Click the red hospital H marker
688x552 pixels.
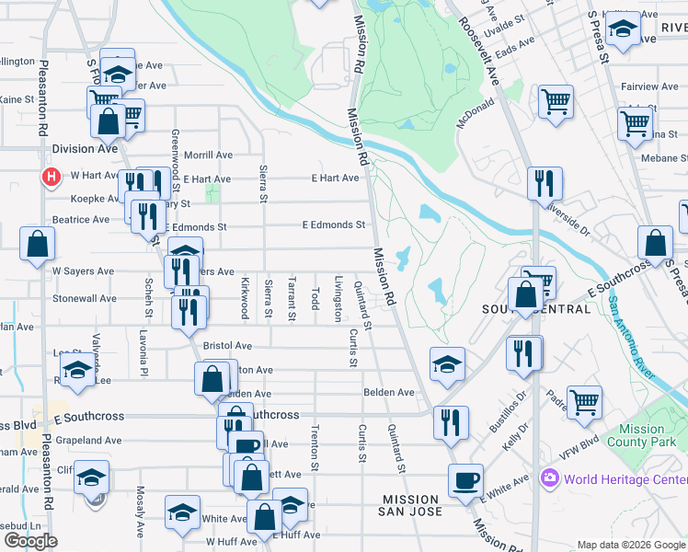52,175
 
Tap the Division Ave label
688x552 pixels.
86,149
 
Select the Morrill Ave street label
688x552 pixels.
208,155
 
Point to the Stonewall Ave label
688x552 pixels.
85,299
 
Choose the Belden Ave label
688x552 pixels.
389,392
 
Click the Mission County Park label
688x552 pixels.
641,435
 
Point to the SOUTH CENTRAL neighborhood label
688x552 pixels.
537,309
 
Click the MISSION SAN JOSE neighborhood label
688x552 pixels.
413,505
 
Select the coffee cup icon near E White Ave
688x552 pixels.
466,479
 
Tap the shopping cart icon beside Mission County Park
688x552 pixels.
585,401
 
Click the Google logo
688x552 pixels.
30,541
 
